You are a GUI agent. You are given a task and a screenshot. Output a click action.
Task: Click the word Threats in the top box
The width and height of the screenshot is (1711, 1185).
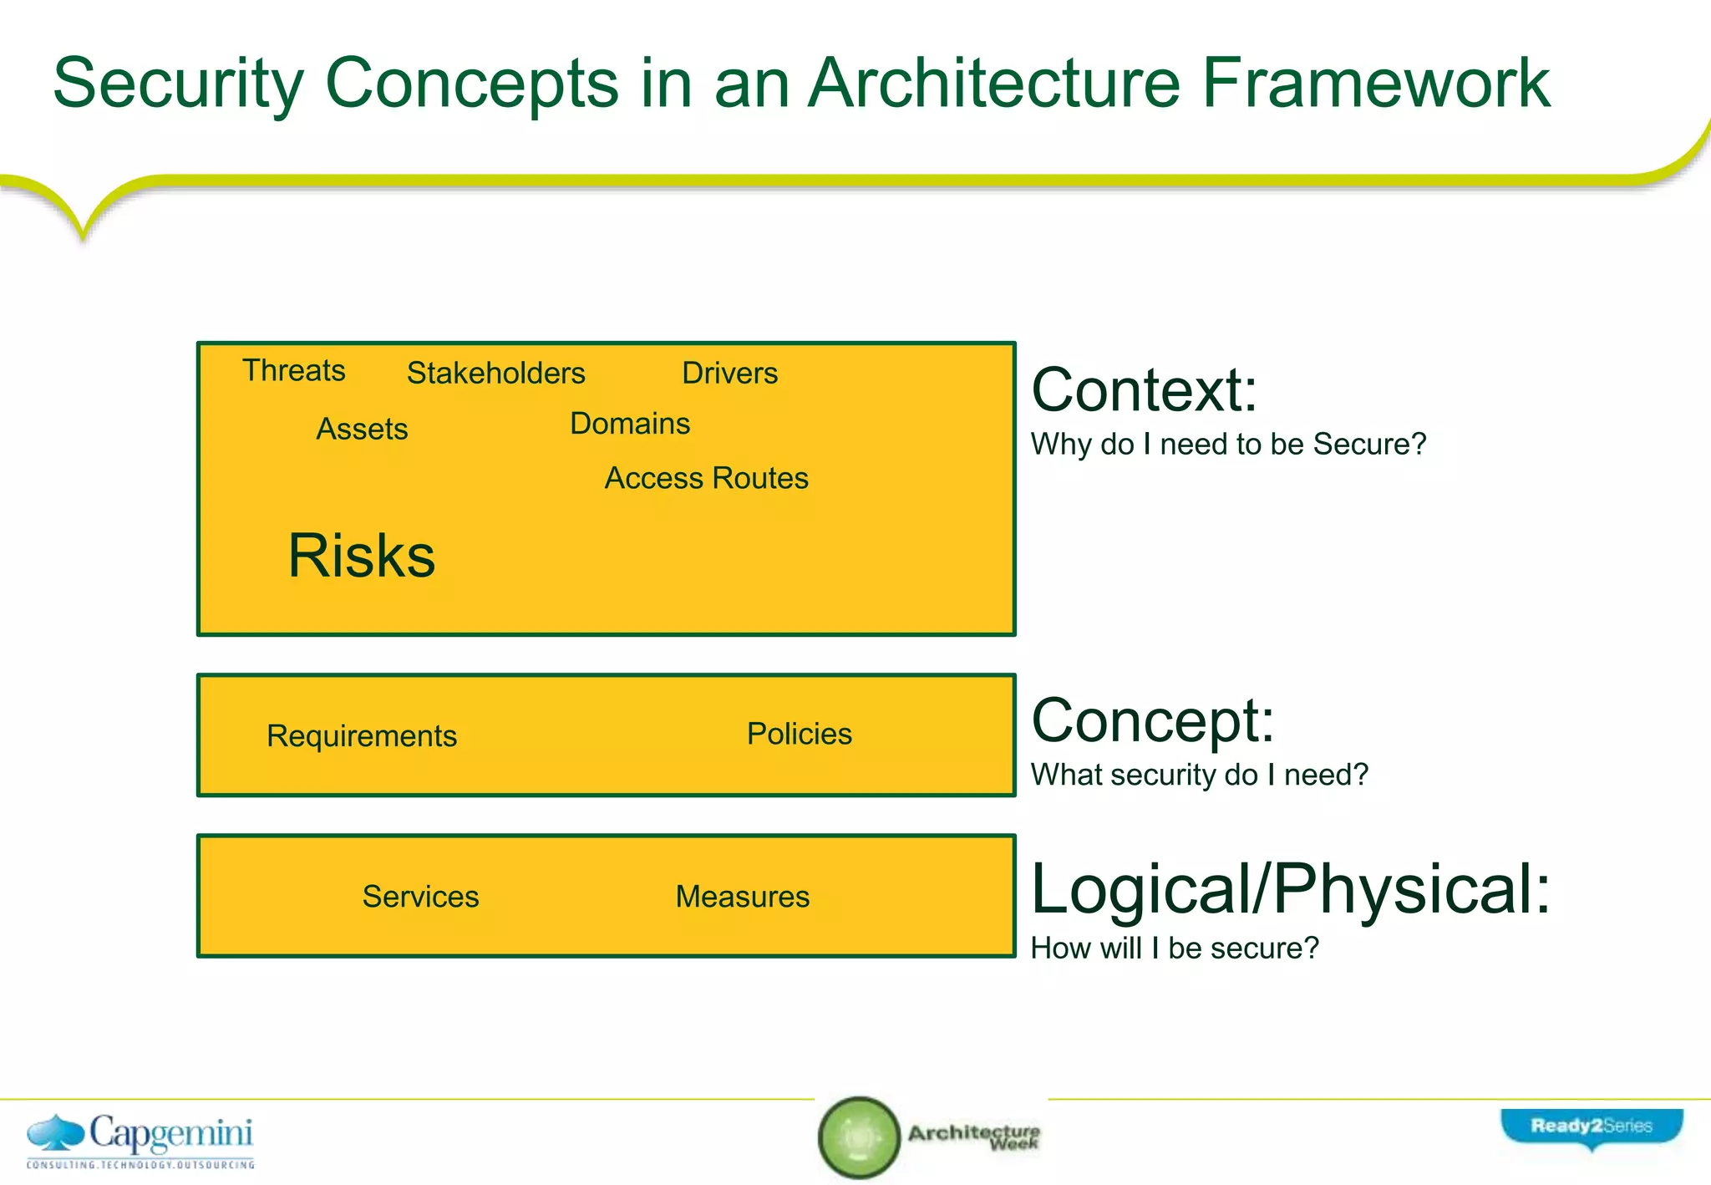(x=293, y=370)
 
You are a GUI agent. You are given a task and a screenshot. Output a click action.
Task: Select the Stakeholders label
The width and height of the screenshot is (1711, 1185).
(x=495, y=373)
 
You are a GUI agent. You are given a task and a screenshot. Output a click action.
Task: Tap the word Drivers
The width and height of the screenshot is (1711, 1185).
(x=729, y=373)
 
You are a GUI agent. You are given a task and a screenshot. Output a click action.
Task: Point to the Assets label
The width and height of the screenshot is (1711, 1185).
(x=362, y=429)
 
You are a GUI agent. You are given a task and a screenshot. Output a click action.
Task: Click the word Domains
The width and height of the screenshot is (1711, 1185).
(x=630, y=424)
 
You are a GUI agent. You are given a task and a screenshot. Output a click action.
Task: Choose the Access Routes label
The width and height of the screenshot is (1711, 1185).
(x=706, y=478)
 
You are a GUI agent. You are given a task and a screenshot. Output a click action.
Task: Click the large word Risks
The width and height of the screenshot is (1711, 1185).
(x=361, y=556)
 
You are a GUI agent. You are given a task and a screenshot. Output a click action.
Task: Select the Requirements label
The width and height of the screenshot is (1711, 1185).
(x=361, y=735)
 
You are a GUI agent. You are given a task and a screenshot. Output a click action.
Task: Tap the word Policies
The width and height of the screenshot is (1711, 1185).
(x=799, y=734)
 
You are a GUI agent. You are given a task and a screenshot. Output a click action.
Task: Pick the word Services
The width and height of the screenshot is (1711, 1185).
(x=420, y=897)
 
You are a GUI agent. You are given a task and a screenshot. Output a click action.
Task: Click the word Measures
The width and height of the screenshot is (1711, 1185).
(x=742, y=897)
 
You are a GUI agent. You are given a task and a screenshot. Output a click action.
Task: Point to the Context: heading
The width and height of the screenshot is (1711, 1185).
(x=1144, y=390)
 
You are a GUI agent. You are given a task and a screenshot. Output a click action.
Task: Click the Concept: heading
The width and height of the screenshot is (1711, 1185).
(x=1152, y=720)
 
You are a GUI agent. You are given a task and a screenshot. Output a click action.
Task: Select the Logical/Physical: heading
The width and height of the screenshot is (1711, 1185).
(x=1290, y=889)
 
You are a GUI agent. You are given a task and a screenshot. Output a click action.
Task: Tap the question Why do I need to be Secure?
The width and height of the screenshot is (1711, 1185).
(x=1228, y=444)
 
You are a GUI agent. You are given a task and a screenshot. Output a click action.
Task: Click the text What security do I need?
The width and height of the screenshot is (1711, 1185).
(x=1199, y=775)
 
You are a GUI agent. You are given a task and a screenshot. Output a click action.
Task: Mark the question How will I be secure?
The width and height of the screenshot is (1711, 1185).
(x=1174, y=949)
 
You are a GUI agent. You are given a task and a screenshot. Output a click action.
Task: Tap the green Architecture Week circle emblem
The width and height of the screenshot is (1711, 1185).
(x=858, y=1137)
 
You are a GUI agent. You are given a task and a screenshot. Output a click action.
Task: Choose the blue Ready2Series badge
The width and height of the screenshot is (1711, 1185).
(x=1591, y=1127)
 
